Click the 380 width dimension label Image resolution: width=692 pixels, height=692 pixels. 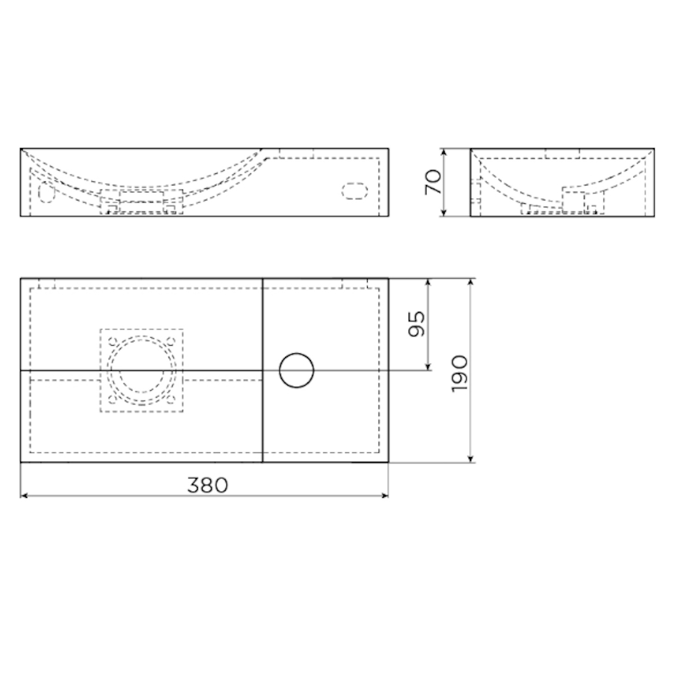point(208,485)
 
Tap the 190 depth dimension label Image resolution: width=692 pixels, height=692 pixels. point(460,374)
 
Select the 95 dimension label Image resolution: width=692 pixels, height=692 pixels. point(417,324)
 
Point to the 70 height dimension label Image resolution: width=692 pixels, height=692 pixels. point(433,182)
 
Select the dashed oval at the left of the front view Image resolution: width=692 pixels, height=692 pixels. point(46,192)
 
